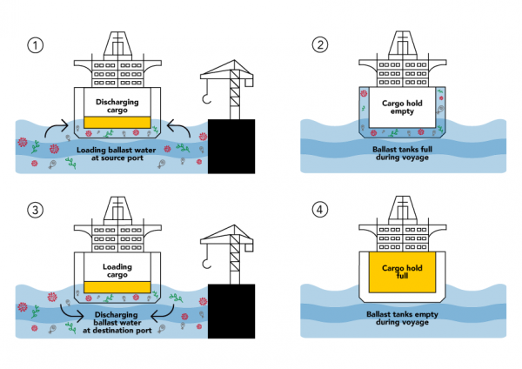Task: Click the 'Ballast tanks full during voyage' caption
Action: point(403,153)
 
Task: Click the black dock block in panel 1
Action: point(233,147)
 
